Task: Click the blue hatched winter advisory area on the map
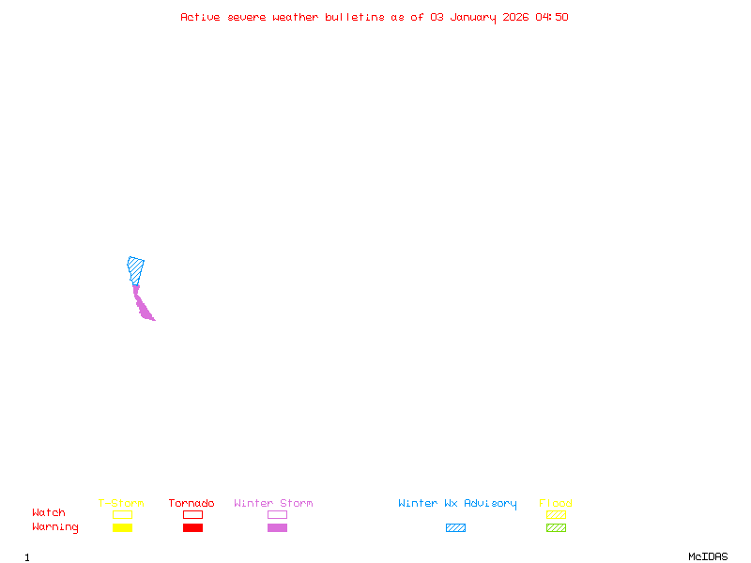(135, 270)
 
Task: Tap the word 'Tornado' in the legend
(192, 503)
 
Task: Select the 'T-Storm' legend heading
(121, 503)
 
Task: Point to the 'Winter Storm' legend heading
(273, 503)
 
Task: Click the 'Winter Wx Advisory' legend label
(457, 504)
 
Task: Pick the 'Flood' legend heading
(556, 503)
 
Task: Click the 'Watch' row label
(49, 512)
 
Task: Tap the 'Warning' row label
(55, 527)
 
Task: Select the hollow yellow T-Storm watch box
(123, 514)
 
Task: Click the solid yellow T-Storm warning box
(123, 527)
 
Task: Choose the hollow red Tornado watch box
(193, 514)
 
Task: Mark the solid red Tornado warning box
(193, 527)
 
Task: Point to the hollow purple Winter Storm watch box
(277, 514)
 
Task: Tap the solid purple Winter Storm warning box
(277, 527)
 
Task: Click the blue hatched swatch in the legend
(455, 527)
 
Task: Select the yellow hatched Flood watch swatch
(556, 514)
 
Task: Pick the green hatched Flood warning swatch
(556, 527)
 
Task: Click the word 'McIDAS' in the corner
(708, 556)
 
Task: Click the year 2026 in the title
(515, 17)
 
